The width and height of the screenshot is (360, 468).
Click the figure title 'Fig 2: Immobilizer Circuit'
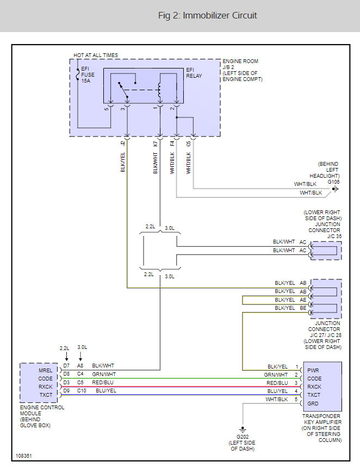pyautogui.click(x=207, y=15)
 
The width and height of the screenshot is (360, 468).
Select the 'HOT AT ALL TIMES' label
pyautogui.click(x=96, y=55)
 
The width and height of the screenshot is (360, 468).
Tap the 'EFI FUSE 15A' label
pyautogui.click(x=86, y=75)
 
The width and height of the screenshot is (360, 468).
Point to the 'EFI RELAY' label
pyautogui.click(x=194, y=73)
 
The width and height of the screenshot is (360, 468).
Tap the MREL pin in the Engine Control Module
pyautogui.click(x=45, y=370)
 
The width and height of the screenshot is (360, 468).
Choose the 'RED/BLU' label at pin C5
pyautogui.click(x=102, y=382)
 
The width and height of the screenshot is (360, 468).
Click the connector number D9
pyautogui.click(x=66, y=390)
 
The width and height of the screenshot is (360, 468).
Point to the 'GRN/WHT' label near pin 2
pyautogui.click(x=276, y=375)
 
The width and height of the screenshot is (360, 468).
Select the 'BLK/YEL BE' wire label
pyautogui.click(x=290, y=308)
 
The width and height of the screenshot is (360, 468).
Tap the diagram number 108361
pyautogui.click(x=24, y=455)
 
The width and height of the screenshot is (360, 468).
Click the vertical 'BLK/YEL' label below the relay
pyautogui.click(x=123, y=162)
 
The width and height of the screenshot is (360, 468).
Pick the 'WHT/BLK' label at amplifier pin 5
pyautogui.click(x=276, y=399)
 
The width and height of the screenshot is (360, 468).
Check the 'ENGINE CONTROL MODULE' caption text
pyautogui.click(x=41, y=410)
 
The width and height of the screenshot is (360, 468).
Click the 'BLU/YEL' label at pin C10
pyautogui.click(x=105, y=390)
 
